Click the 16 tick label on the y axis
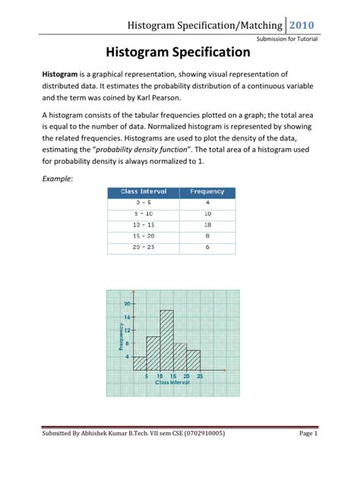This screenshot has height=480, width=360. coord(127,316)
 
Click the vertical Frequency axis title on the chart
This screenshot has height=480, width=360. coord(119,337)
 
